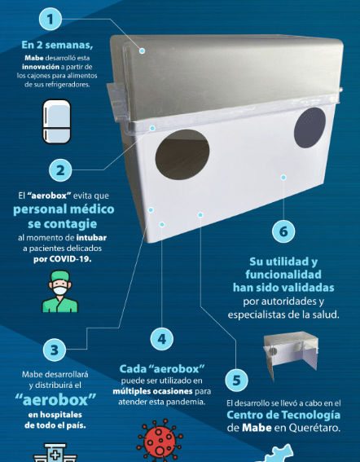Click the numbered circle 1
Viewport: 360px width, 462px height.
[x=50, y=20]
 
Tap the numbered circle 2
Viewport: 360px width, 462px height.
[x=60, y=170]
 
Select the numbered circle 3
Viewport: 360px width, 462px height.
[x=55, y=350]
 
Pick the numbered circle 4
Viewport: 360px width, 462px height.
[x=162, y=339]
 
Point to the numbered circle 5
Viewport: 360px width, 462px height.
[x=236, y=380]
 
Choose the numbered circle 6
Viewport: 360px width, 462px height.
[x=283, y=231]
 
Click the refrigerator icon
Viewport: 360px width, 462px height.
[x=57, y=121]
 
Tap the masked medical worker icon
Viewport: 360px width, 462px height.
[x=60, y=292]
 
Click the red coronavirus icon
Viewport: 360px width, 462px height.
[x=160, y=441]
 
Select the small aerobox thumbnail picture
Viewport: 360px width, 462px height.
[x=291, y=355]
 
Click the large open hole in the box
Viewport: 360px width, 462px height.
[x=182, y=155]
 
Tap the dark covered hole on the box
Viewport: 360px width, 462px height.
[x=310, y=128]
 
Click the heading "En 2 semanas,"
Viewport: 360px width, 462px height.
[x=57, y=45]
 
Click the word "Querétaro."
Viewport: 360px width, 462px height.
[x=314, y=428]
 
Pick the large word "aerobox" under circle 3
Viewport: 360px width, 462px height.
[x=55, y=400]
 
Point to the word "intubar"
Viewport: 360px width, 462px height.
[x=91, y=237]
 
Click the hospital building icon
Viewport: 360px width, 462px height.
[x=55, y=452]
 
